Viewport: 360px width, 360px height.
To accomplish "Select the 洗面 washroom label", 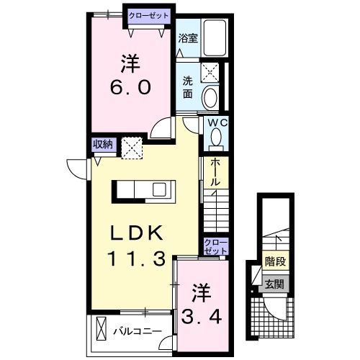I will (x=187, y=86).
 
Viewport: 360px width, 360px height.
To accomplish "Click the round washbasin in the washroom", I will (x=211, y=97).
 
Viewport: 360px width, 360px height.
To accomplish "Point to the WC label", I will (x=217, y=123).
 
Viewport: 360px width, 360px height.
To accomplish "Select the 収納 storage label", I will (x=102, y=144).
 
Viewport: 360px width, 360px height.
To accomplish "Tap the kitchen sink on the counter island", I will (x=159, y=190).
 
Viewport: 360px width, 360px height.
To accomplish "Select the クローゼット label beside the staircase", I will (x=216, y=246).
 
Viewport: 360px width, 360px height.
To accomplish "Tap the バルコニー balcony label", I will (x=137, y=331).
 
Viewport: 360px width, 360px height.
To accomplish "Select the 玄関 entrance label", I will (x=274, y=284).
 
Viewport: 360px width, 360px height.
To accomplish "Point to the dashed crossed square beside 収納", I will (x=132, y=147).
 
